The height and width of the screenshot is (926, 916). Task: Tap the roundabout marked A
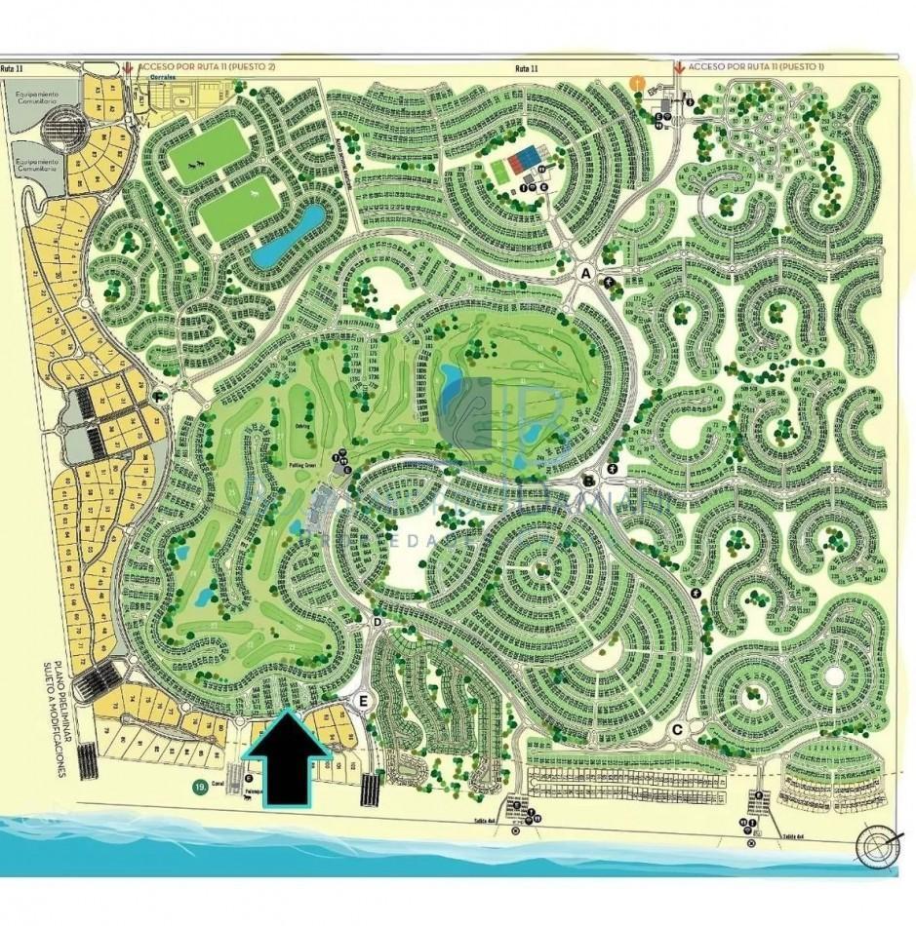(x=587, y=273)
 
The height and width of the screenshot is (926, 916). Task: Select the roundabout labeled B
(x=588, y=481)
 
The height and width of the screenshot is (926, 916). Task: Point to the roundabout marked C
(x=677, y=730)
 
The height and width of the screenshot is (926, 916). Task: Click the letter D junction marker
(x=378, y=621)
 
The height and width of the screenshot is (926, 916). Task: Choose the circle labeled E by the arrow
(x=364, y=701)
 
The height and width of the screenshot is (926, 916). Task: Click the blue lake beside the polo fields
(x=290, y=235)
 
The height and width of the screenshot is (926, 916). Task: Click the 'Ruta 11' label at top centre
(x=527, y=67)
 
